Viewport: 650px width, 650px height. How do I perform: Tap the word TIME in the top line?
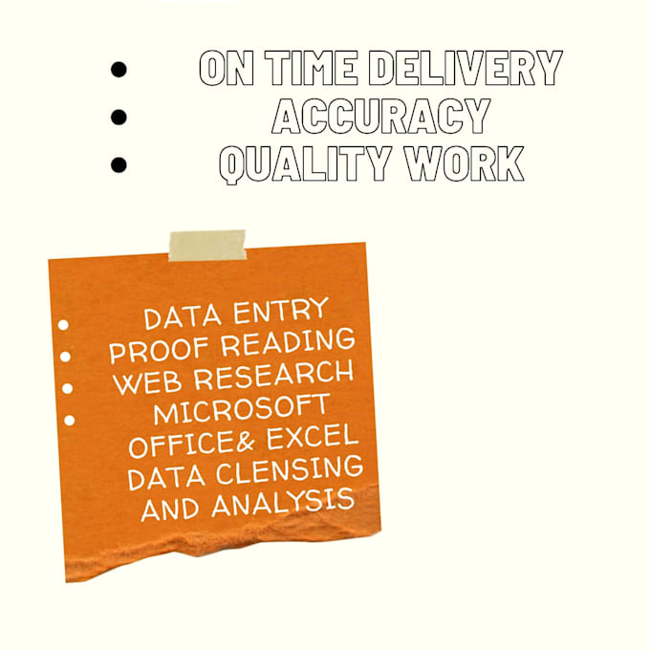coord(311,68)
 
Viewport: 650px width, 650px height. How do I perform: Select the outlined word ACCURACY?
coord(381,116)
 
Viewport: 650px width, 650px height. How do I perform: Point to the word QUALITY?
coord(304,164)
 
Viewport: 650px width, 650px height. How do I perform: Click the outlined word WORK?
coord(464,163)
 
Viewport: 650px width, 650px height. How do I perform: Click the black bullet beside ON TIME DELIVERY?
coord(119,69)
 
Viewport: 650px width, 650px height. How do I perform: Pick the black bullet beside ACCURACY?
coord(119,117)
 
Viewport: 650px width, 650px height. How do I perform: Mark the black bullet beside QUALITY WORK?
coord(119,164)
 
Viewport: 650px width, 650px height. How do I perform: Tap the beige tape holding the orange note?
coord(207,246)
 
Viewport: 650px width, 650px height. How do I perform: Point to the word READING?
coord(288,342)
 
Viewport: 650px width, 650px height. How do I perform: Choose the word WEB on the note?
coord(147,383)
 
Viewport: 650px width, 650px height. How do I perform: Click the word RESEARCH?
coord(274,375)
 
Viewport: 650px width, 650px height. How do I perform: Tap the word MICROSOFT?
coord(241,408)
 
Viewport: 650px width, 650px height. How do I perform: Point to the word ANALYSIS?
coord(283,503)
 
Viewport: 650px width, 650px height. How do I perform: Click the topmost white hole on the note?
coord(63,325)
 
